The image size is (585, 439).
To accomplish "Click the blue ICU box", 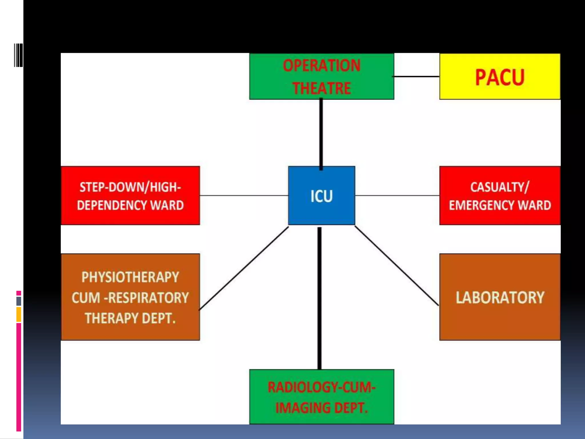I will tap(321, 196).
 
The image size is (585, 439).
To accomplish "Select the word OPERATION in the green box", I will tap(322, 65).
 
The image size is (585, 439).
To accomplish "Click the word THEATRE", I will tap(322, 88).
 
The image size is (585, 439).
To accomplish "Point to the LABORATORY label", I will tap(500, 298).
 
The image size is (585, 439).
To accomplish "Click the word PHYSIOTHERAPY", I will tap(130, 277).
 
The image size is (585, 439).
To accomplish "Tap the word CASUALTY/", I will tap(500, 187).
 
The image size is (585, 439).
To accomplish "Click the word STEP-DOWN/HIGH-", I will tap(130, 187).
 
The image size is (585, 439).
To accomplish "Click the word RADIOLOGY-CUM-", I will tap(322, 387).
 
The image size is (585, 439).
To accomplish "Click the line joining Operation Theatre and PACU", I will tap(416, 77).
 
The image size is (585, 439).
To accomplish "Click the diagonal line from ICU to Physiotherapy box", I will tap(244, 268).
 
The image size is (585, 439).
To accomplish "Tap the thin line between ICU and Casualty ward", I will tap(397, 195).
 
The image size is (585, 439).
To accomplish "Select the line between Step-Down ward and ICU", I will tap(244, 195).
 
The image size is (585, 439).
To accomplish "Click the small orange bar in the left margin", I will tap(19, 314).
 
